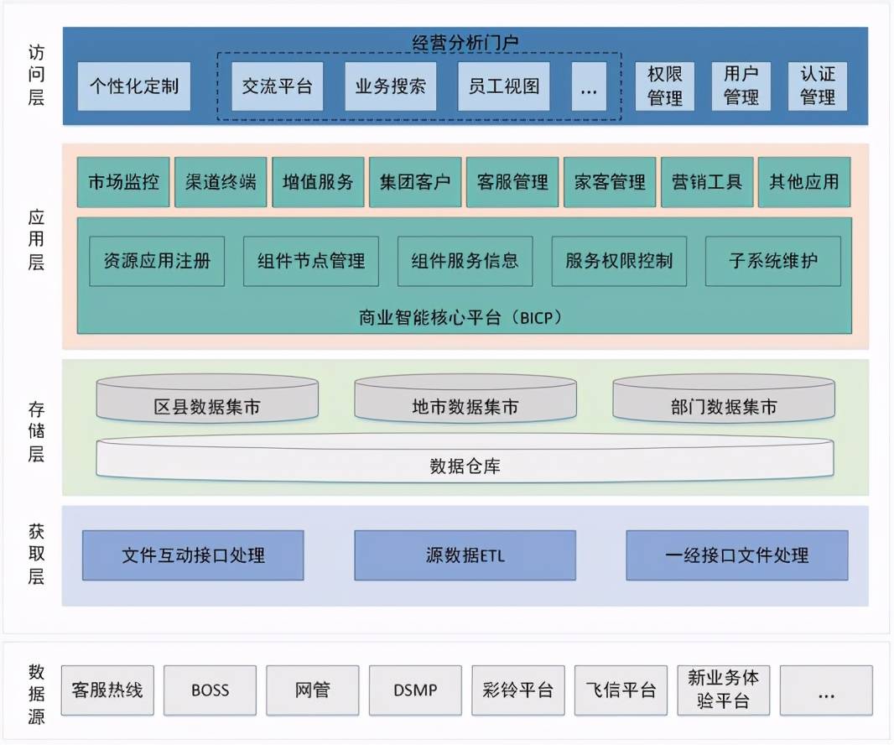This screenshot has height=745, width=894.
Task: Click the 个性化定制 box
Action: click(134, 86)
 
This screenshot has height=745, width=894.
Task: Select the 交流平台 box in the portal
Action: click(277, 86)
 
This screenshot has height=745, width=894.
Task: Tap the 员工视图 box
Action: click(503, 86)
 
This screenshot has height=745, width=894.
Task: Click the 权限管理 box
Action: click(665, 86)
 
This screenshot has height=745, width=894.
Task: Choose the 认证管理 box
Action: click(818, 86)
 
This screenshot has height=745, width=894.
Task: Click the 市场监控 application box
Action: click(123, 182)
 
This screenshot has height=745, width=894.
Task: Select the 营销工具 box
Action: click(707, 182)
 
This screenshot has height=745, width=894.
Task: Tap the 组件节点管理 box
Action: click(311, 261)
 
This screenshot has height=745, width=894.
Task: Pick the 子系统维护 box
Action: click(772, 261)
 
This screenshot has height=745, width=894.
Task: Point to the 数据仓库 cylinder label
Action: click(465, 466)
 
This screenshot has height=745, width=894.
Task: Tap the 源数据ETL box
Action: click(465, 555)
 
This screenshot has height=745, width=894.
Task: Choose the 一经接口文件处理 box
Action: click(736, 555)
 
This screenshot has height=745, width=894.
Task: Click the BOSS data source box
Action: click(210, 690)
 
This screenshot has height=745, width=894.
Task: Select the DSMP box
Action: click(415, 690)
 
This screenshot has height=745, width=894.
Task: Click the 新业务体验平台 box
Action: click(723, 690)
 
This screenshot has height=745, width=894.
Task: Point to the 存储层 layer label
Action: click(36, 433)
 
